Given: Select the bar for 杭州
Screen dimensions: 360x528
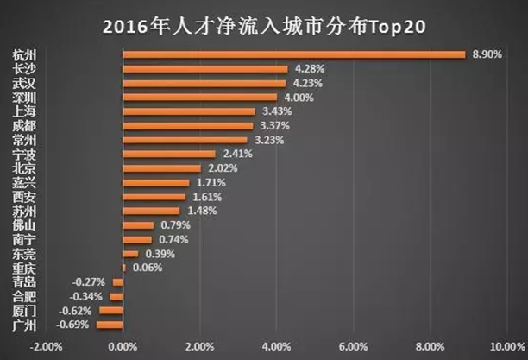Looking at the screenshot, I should click(294, 54).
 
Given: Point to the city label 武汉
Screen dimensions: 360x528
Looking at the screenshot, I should click(24, 83).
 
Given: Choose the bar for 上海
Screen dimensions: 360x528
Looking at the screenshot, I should click(189, 111).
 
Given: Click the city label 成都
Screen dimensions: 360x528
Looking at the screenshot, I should click(24, 126).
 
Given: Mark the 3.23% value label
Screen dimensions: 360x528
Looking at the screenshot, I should click(268, 140).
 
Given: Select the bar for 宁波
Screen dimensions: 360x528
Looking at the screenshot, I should click(169, 154).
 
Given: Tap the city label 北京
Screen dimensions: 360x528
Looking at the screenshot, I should click(24, 168).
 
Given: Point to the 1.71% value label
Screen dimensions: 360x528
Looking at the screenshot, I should click(210, 183).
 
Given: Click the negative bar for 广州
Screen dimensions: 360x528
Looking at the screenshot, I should click(110, 325).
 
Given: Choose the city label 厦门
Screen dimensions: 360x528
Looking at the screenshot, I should click(24, 311).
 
